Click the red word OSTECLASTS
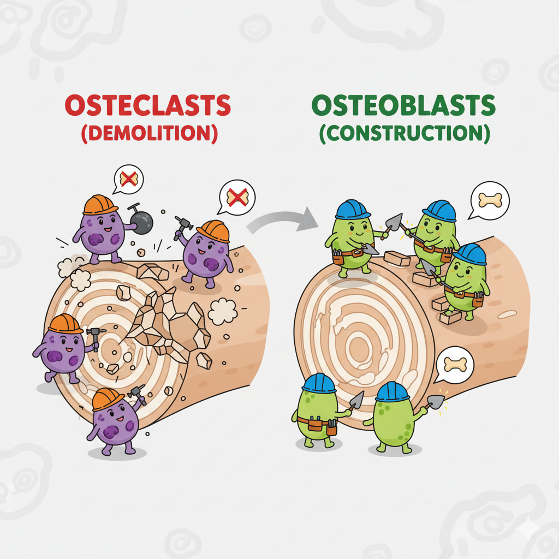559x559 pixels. point(147,105)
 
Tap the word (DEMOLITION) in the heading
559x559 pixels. point(149,134)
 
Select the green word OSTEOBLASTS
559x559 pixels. point(404,105)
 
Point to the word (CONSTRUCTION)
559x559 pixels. point(405,134)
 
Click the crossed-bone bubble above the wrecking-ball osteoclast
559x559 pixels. point(128,179)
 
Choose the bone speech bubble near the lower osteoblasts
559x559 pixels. point(455,364)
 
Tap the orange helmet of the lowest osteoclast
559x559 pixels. point(108,399)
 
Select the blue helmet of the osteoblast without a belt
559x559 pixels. point(392,391)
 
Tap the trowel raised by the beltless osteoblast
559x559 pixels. point(436,402)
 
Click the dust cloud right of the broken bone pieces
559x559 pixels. point(223,311)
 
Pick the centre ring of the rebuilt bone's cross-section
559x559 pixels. point(360,345)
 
